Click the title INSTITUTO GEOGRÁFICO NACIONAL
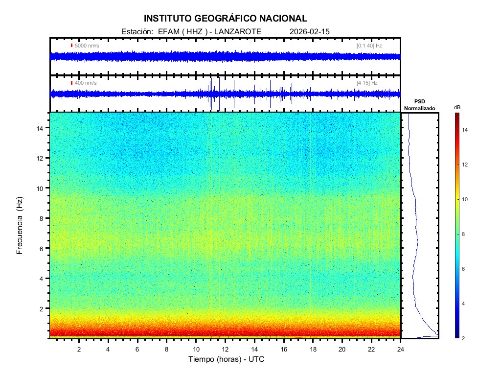(x=226, y=19)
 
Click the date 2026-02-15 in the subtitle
(x=310, y=31)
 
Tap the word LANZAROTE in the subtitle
(x=239, y=31)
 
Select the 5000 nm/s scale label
(x=87, y=46)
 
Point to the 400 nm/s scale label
(x=86, y=83)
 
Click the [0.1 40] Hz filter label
(x=369, y=46)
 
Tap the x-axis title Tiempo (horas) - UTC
(x=227, y=359)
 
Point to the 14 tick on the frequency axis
(x=42, y=128)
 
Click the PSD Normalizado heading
(x=420, y=105)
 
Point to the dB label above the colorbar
(x=457, y=107)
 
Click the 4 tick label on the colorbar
(x=465, y=304)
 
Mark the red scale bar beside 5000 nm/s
(x=71, y=46)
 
